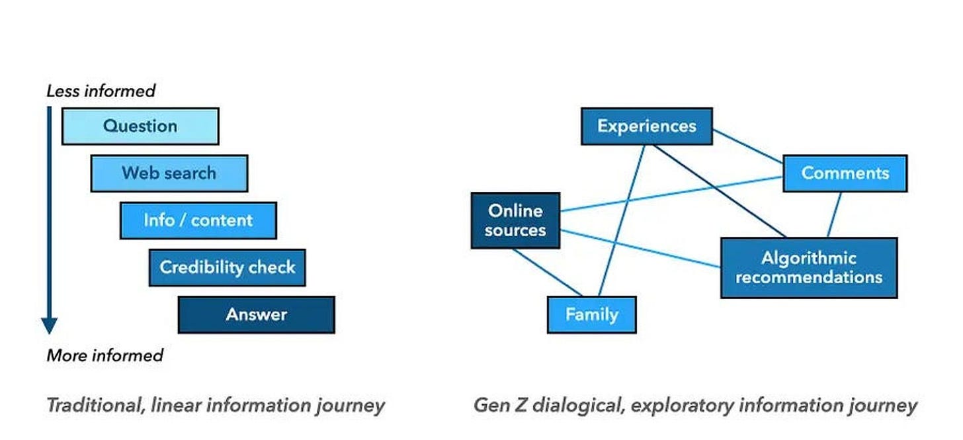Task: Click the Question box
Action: (140, 126)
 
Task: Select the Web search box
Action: (169, 173)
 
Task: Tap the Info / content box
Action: (198, 220)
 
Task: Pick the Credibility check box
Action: (228, 267)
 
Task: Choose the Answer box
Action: (257, 315)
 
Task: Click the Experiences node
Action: (647, 126)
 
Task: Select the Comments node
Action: (845, 173)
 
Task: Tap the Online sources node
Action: (515, 220)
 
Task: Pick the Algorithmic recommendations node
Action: (809, 267)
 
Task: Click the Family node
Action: (592, 315)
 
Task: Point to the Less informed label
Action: (101, 91)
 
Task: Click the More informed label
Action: (105, 356)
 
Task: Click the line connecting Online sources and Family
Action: (547, 272)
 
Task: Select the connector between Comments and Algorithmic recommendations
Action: (835, 214)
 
